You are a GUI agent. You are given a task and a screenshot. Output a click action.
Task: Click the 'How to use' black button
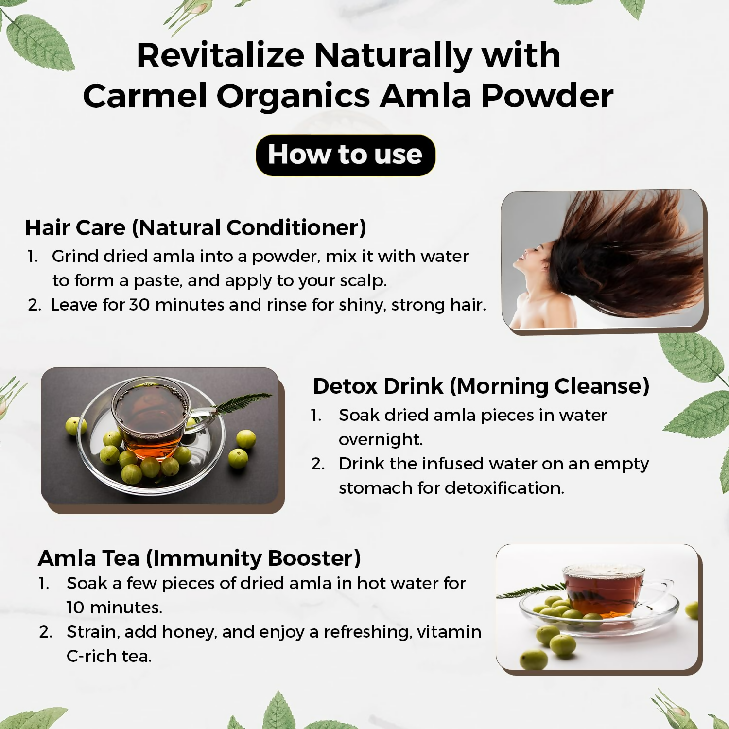click(345, 155)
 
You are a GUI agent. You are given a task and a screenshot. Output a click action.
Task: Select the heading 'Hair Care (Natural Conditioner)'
click(195, 227)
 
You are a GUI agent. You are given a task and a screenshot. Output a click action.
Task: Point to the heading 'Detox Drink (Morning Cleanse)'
click(481, 386)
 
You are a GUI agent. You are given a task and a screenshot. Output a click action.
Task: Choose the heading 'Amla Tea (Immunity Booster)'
click(199, 558)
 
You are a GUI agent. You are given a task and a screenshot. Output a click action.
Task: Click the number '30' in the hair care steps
click(139, 305)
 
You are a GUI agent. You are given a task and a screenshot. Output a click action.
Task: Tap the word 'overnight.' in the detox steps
click(381, 439)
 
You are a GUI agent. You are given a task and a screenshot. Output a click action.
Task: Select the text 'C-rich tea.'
click(109, 656)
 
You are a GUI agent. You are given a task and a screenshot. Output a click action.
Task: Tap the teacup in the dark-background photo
click(151, 418)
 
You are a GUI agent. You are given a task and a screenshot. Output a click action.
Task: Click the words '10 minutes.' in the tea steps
click(114, 607)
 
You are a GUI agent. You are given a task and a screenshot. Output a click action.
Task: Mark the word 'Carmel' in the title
click(145, 96)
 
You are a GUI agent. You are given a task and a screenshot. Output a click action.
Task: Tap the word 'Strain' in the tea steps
click(92, 632)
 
